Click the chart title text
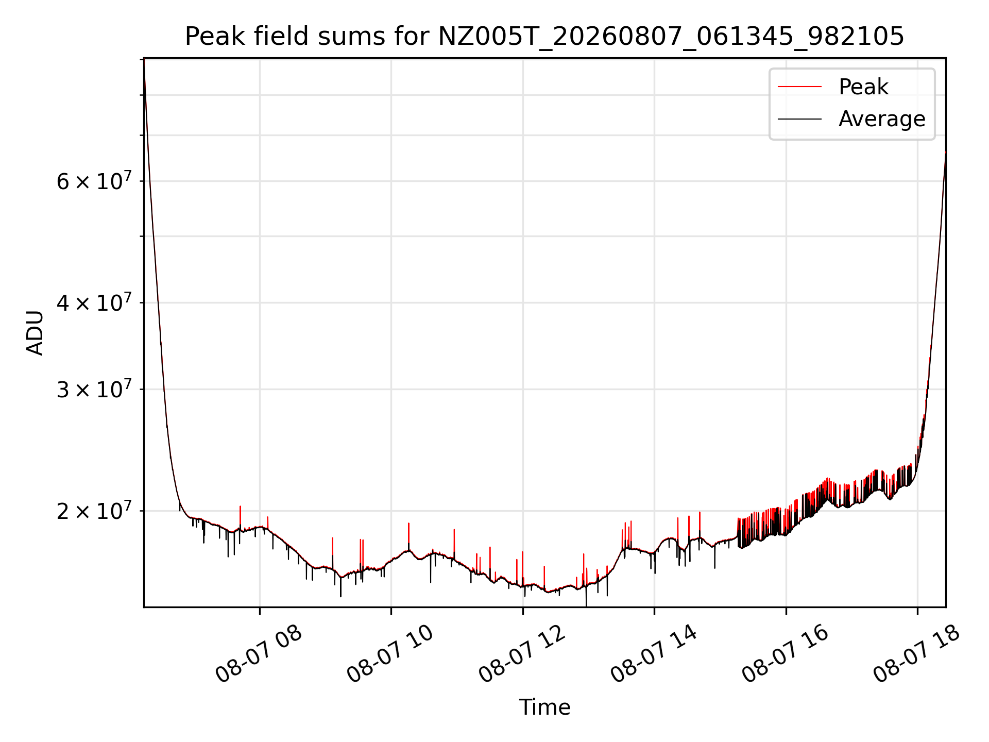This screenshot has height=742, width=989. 544,37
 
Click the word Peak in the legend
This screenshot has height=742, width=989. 863,87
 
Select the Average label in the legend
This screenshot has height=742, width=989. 882,119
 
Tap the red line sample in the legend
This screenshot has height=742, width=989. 799,87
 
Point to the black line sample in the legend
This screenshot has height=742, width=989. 799,119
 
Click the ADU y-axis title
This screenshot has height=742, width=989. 35,333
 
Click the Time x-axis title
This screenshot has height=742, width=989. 544,707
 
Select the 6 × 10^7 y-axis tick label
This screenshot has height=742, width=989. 94,181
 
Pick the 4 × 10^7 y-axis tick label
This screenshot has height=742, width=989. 94,302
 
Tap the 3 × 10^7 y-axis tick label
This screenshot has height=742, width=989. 94,389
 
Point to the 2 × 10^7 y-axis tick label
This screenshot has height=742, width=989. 94,511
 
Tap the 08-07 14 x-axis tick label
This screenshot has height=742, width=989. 654,654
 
